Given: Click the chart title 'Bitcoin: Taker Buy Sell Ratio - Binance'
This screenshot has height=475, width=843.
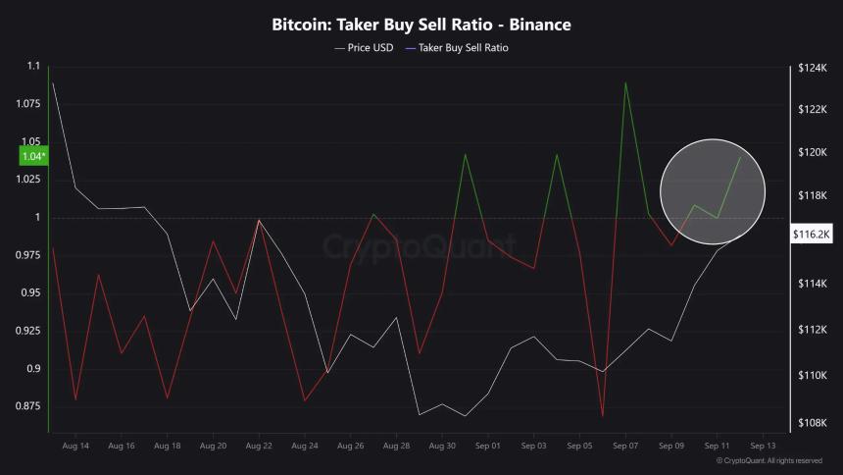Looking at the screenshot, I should coord(421,25).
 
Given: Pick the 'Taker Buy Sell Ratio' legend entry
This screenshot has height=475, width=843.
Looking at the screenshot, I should coord(464,47).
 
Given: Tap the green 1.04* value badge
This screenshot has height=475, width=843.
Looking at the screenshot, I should coord(32,156).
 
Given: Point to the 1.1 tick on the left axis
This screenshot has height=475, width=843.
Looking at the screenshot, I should coord(33,67).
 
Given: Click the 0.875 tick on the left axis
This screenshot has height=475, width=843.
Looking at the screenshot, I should coord(28,405).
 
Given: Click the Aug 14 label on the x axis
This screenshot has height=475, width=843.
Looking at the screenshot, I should coord(75,447).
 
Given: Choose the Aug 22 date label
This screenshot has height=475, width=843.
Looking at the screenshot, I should coord(259,447).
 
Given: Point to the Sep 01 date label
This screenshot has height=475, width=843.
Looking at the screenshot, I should coord(488,447).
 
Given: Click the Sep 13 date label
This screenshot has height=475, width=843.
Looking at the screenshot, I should coord(763,447).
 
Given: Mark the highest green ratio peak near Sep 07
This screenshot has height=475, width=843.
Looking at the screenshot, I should coord(625,82).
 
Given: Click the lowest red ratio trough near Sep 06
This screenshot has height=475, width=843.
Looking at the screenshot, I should coord(602,417).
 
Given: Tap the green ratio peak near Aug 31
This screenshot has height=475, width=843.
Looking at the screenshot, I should coord(465,154).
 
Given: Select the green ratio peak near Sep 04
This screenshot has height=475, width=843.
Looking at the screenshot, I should coord(557,154).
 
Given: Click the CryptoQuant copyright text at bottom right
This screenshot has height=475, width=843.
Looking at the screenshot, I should coord(769,460).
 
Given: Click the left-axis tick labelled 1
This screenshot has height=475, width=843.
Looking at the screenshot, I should coord(36,217).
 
